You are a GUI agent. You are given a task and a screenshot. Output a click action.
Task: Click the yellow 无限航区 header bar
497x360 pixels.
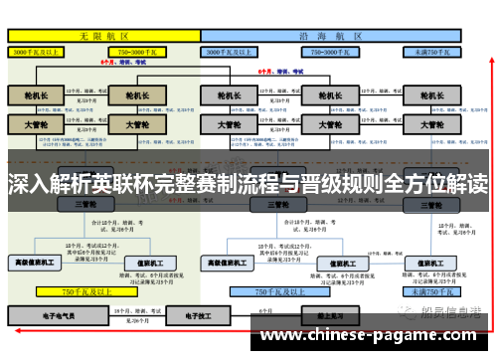[103, 34]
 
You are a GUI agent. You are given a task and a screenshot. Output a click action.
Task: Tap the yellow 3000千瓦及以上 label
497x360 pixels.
[39, 50]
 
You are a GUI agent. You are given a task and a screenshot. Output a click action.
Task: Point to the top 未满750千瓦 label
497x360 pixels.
[433, 50]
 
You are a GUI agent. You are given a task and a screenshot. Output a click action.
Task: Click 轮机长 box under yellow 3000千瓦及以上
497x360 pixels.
[36, 96]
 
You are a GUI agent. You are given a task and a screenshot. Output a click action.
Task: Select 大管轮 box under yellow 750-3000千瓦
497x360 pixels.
[135, 126]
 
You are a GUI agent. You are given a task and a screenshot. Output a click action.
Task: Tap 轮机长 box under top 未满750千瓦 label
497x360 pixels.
[431, 96]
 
